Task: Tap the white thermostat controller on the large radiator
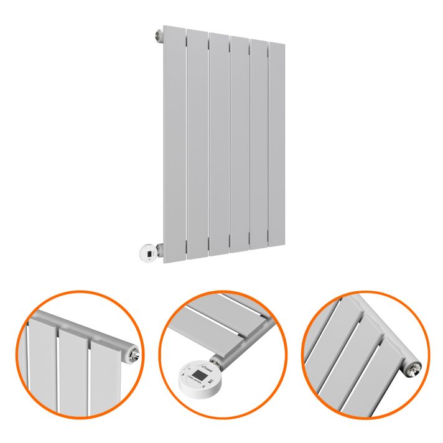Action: [147, 253]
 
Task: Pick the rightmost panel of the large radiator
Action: [276, 143]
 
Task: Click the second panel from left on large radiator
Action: [197, 143]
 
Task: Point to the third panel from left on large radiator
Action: [218, 143]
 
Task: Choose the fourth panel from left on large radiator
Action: [239, 143]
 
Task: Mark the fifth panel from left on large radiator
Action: [258, 143]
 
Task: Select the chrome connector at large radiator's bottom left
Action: [160, 250]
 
